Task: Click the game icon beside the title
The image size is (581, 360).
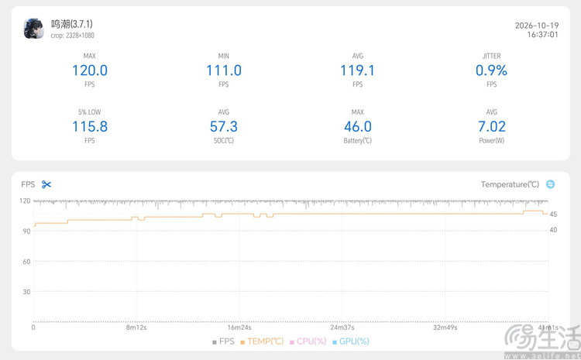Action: point(34,29)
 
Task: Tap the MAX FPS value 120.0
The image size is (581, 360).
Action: point(90,70)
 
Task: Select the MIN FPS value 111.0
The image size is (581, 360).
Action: point(224,70)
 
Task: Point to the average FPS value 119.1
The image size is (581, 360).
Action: point(358,70)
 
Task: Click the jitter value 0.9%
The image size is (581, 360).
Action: point(491,70)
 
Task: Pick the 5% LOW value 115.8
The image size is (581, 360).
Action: point(90,127)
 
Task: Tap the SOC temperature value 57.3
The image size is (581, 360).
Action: point(224,127)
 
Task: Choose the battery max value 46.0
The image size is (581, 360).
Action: point(358,127)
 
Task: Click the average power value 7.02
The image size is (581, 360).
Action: point(492,127)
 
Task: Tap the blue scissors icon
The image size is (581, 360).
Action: point(46,184)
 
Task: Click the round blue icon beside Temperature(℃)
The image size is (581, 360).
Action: point(550,184)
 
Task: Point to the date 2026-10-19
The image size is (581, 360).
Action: point(537,26)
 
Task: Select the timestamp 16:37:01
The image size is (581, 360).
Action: point(542,34)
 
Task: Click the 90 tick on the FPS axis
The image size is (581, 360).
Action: point(26,231)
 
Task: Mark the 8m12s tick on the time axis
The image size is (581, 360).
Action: point(136,327)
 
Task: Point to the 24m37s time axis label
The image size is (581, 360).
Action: point(342,327)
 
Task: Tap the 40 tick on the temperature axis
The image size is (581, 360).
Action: point(553,230)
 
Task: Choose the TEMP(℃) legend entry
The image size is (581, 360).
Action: point(262,341)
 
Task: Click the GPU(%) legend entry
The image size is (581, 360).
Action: point(351,341)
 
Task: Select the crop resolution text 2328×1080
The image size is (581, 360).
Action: point(80,36)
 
